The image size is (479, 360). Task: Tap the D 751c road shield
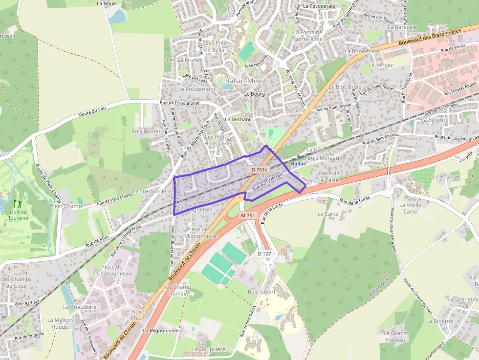click(x=259, y=169)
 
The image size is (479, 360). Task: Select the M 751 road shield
click(x=248, y=215)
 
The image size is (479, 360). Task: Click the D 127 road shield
click(x=264, y=254)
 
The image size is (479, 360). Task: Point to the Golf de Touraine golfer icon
click(x=18, y=203)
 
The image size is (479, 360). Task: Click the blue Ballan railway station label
click(x=298, y=164)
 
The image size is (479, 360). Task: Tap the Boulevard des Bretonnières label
click(x=430, y=37)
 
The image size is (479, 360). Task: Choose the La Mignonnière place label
click(x=161, y=330)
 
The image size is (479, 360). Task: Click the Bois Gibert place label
click(x=261, y=292)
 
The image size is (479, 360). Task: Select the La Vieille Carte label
click(x=410, y=208)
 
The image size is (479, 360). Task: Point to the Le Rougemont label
click(x=196, y=89)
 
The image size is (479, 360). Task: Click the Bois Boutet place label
click(x=146, y=131)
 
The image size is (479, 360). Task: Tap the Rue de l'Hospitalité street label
click(x=180, y=103)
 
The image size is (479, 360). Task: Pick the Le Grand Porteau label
click(x=395, y=336)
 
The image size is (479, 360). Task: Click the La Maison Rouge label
click(x=60, y=323)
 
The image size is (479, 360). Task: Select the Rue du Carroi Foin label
click(x=268, y=182)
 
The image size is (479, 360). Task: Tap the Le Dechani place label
click(x=238, y=120)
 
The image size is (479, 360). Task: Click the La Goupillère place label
click(x=209, y=349)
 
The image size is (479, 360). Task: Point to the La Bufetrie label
click(x=435, y=120)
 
